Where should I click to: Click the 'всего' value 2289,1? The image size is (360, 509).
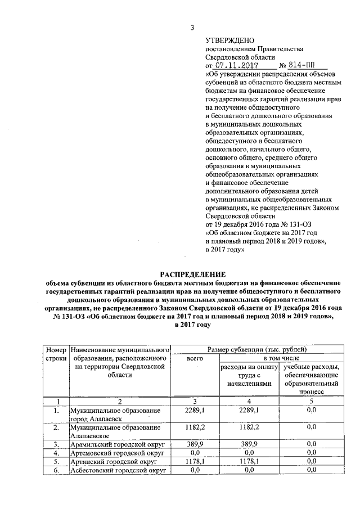194,411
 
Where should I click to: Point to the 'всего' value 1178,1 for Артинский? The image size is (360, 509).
194,461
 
